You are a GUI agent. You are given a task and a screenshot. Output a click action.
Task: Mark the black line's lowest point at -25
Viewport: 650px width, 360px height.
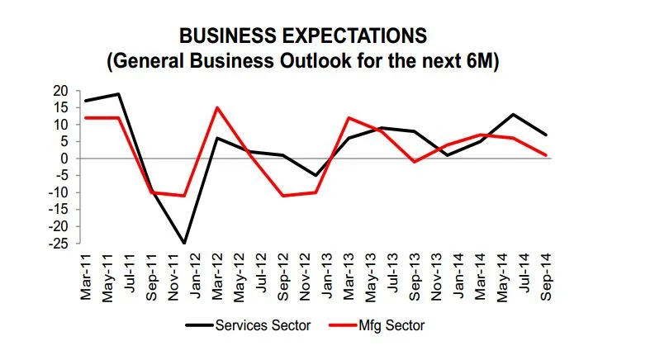pos(183,244)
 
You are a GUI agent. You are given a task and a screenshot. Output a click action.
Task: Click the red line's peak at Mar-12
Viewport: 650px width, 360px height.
pos(216,107)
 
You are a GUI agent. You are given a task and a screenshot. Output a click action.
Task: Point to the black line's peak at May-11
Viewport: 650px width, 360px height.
pos(120,93)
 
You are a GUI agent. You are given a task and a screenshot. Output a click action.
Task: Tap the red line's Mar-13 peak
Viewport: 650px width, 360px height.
pos(349,117)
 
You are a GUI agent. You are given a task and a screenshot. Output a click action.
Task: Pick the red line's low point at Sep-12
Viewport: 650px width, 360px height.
pos(282,196)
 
